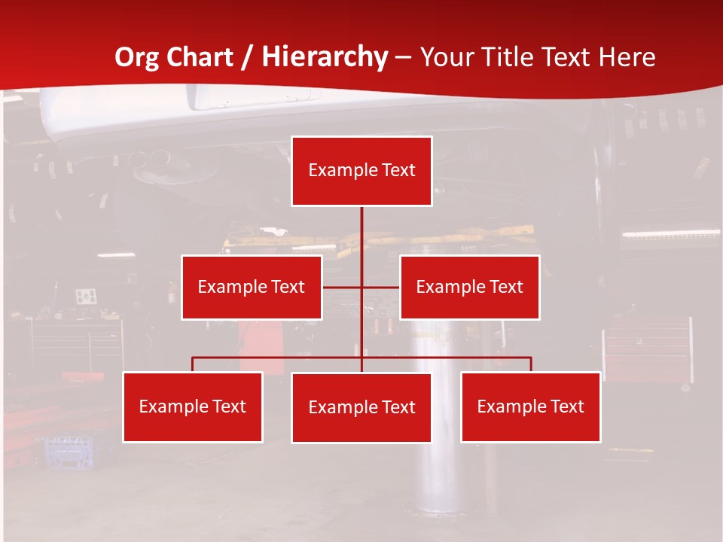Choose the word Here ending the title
click(627, 57)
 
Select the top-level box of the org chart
click(361, 171)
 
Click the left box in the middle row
click(252, 287)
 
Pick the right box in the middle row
click(470, 287)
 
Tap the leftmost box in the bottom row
click(193, 406)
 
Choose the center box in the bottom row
click(361, 407)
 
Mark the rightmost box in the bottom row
click(531, 406)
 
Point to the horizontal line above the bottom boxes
click(279, 358)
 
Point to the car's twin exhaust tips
click(150, 158)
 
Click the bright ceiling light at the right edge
click(670, 234)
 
